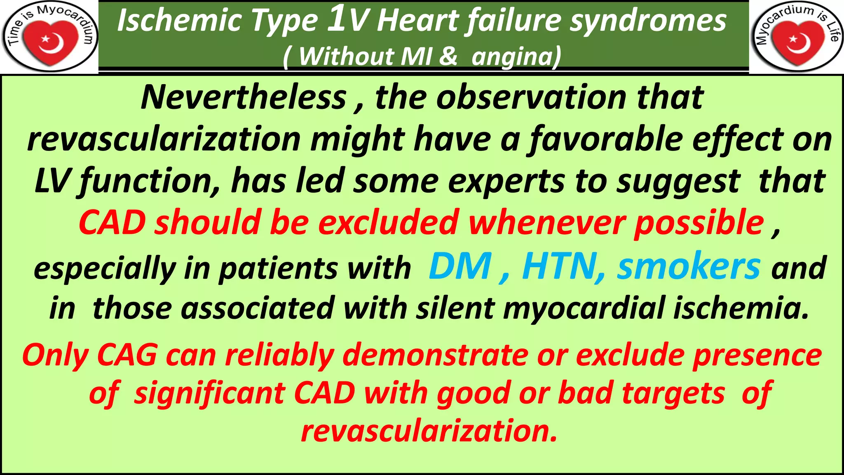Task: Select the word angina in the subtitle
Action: (x=514, y=56)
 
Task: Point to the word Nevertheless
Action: (x=244, y=97)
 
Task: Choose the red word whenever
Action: (x=546, y=223)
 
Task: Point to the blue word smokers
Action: (x=688, y=267)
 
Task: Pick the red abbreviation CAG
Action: (x=127, y=355)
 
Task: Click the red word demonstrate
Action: (x=435, y=355)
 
